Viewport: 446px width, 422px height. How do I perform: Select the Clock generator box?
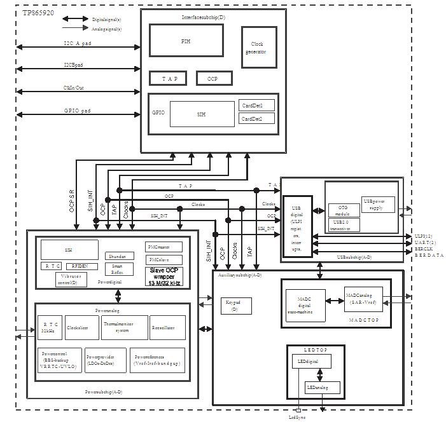[x=258, y=48]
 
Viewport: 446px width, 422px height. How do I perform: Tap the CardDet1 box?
[x=257, y=105]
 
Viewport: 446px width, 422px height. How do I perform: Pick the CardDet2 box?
[x=257, y=118]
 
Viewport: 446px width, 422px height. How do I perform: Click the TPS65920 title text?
[x=38, y=13]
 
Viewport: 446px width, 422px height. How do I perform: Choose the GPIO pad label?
[x=77, y=111]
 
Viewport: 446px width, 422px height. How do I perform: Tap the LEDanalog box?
[x=322, y=387]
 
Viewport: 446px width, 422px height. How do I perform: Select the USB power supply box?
[x=378, y=205]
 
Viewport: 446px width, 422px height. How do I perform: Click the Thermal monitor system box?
[x=123, y=327]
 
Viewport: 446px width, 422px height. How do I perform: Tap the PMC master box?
[x=164, y=247]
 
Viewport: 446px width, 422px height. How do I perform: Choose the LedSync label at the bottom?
[x=297, y=417]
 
